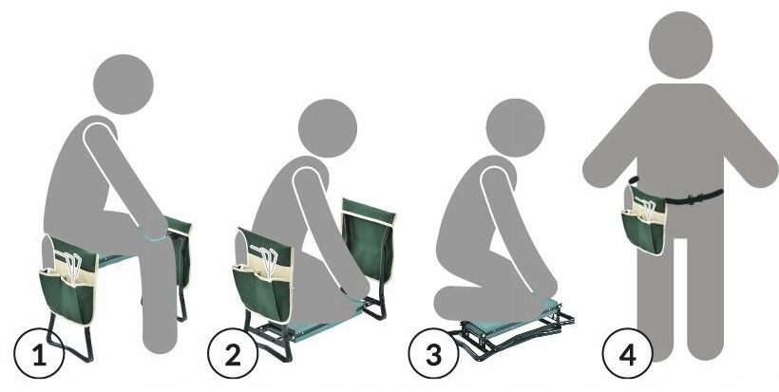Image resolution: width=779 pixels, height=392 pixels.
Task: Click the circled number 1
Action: point(39,356)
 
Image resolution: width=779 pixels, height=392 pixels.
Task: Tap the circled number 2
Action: point(233,355)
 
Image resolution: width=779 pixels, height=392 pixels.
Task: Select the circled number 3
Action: point(433,355)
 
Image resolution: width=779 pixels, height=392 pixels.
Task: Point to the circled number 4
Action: point(627,355)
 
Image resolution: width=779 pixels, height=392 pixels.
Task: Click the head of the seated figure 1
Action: point(123,84)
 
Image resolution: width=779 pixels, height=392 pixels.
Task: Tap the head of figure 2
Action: point(328,128)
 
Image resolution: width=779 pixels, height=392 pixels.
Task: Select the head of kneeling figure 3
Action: point(515,128)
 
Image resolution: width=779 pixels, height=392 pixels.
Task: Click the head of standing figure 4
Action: point(680,45)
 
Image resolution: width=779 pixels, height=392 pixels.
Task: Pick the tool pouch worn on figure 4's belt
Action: point(644,221)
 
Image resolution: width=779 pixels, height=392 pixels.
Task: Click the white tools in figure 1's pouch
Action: point(70,268)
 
